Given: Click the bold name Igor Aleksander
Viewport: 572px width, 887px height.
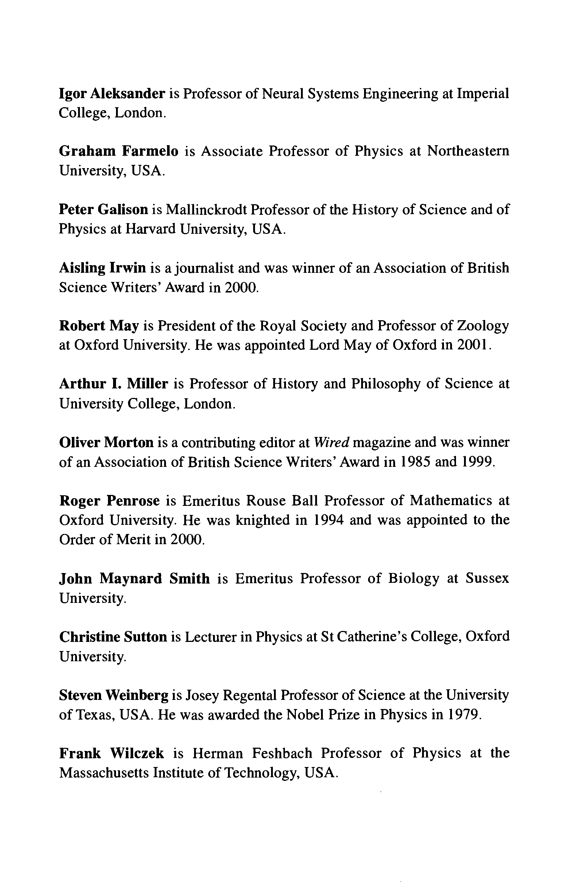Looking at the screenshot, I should [112, 94].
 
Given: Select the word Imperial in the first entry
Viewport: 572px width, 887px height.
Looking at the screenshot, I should [483, 94].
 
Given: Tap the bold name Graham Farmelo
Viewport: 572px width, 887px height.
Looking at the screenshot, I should [119, 151].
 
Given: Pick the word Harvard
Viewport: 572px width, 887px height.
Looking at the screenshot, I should [150, 229].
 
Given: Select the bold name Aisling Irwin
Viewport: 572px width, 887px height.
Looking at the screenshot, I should [103, 268].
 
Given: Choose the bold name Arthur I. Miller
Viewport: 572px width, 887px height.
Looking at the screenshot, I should [114, 384].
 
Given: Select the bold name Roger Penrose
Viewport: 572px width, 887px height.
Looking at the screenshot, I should [109, 501].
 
